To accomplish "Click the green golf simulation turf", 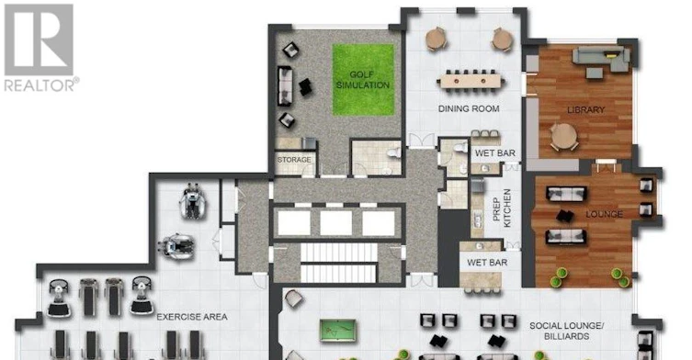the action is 363,80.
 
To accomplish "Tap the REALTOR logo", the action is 40,47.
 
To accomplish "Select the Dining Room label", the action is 469,108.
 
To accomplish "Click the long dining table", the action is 471,81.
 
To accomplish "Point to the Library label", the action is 585,109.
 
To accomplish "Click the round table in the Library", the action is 563,136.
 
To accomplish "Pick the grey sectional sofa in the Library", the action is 601,60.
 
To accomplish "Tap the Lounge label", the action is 604,214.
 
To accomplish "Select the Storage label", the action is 294,160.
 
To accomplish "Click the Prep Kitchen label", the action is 502,208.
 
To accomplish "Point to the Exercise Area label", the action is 192,317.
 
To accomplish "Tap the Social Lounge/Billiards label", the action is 567,331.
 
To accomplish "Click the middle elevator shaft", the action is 335,223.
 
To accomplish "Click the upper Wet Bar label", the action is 494,153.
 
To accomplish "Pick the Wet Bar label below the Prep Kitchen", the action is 487,263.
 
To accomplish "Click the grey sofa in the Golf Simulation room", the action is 285,86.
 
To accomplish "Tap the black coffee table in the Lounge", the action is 565,216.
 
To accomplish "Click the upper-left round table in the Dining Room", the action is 437,39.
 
